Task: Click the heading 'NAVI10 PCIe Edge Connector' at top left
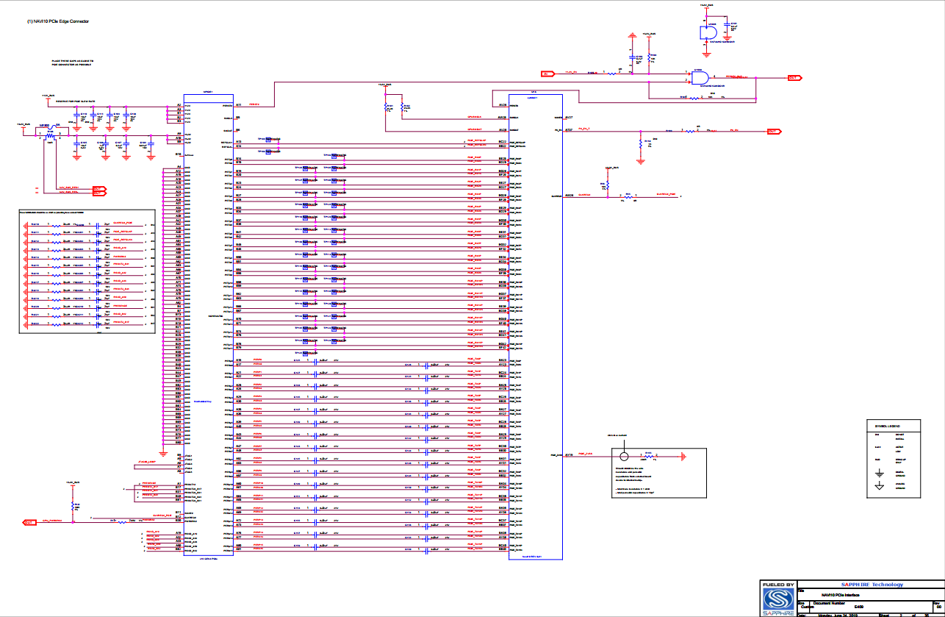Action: click(59, 22)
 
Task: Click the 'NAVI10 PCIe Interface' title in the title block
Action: click(840, 593)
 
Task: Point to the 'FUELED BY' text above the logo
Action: click(778, 585)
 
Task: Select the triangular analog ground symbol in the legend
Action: click(879, 487)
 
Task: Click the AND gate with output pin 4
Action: click(701, 77)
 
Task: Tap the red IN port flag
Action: click(547, 74)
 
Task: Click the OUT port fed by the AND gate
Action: click(794, 77)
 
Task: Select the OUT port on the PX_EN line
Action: click(773, 131)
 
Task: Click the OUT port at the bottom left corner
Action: click(29, 522)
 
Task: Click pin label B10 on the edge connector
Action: click(179, 154)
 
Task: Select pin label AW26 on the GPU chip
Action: click(568, 196)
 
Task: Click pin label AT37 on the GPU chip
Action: click(568, 129)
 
